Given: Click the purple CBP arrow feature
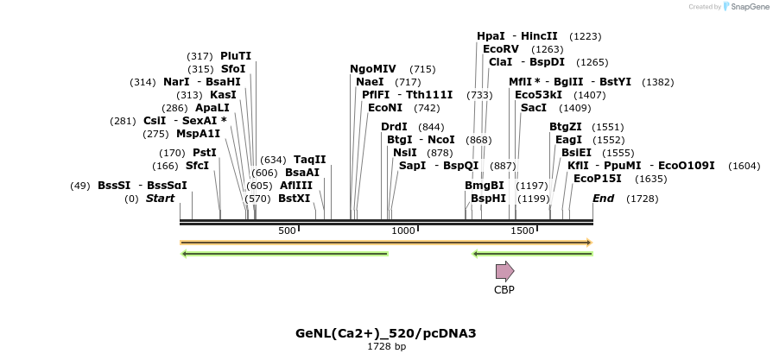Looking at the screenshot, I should pos(504,271).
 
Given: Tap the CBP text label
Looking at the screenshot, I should pos(504,290).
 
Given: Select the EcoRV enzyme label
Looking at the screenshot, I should pos(501,49).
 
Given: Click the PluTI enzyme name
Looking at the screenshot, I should pos(236,56).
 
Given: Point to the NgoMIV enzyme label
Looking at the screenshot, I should pos(373,69).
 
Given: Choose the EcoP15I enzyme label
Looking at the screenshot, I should pos(598,179).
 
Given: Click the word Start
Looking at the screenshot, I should pos(160,199).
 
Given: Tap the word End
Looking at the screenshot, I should pos(604,199).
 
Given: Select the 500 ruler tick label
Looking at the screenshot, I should pos(288,231).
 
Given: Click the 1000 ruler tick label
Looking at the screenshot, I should pos(403,231).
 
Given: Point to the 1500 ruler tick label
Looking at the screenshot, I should pos(523,231).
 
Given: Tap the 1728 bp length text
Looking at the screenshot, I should pos(386,346).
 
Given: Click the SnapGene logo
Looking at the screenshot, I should pos(747,7).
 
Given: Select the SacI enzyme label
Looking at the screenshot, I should pos(533,108).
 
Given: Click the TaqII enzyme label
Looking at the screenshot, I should pos(310,160).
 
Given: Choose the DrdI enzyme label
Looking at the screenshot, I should pos(394,127).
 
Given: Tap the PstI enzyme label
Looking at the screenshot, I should pos(205,153).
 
